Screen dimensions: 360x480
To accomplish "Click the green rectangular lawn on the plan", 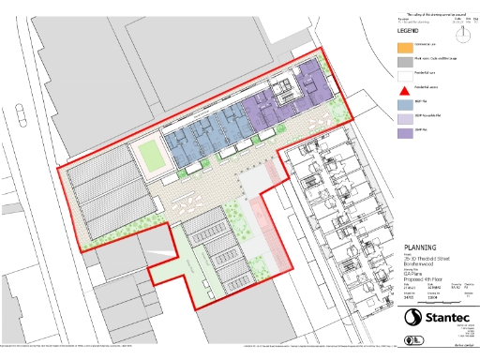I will coord(148,154).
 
